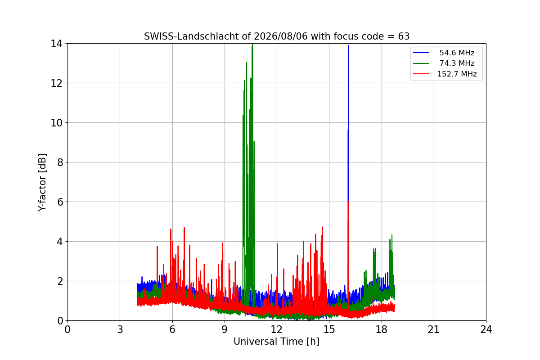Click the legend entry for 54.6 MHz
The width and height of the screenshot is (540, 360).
(x=457, y=53)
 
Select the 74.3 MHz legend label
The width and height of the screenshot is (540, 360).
(x=457, y=63)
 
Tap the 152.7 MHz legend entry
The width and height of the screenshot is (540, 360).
(x=457, y=74)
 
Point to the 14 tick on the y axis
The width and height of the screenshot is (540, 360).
(x=56, y=44)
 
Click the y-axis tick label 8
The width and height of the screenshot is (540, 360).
(x=60, y=162)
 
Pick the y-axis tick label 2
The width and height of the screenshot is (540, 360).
(x=60, y=281)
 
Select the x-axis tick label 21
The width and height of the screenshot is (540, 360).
(x=433, y=329)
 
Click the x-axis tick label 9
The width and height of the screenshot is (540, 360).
(x=225, y=329)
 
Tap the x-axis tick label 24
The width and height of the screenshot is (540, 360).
(x=486, y=329)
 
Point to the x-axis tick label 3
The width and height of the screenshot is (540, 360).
(x=120, y=329)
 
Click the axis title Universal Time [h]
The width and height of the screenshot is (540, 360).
(x=276, y=342)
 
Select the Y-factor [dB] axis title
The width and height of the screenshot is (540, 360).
(x=42, y=183)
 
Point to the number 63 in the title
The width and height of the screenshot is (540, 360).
(x=404, y=36)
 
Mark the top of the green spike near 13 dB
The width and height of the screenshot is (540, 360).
(x=247, y=63)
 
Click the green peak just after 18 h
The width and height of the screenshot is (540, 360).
(x=392, y=235)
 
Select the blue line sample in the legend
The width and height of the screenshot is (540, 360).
(x=421, y=53)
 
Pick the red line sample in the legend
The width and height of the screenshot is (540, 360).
(x=421, y=74)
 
